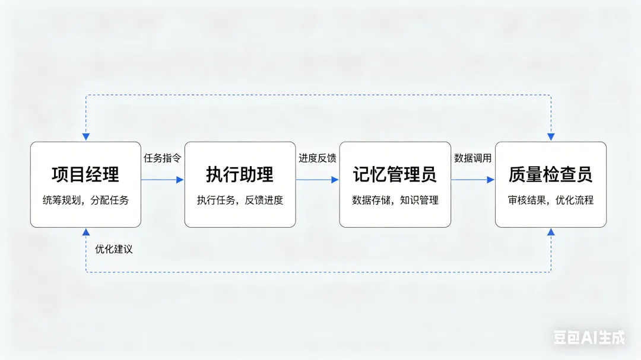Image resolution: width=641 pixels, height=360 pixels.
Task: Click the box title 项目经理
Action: click(85, 174)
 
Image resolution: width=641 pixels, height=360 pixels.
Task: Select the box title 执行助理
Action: click(240, 174)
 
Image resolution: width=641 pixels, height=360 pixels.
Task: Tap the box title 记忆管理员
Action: click(395, 174)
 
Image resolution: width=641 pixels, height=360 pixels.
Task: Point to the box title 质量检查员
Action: click(550, 174)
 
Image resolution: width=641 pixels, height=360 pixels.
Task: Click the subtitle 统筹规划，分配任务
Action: click(85, 200)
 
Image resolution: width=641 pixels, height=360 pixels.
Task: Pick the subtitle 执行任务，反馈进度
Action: click(240, 200)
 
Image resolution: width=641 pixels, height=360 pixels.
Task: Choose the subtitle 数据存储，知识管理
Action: click(395, 200)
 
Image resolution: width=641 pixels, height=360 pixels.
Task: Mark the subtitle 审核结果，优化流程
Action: click(550, 200)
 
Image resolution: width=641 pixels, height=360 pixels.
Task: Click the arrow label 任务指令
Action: click(162, 158)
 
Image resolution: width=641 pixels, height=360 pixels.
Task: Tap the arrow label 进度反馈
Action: click(317, 158)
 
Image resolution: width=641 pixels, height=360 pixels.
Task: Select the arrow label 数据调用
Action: click(472, 158)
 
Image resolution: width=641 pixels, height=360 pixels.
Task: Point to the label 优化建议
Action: click(114, 249)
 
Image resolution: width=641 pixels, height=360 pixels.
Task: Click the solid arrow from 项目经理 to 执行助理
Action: click(162, 180)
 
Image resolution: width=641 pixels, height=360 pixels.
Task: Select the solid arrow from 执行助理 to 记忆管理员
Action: click(317, 180)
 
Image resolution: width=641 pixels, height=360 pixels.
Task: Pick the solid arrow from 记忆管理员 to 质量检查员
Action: click(472, 180)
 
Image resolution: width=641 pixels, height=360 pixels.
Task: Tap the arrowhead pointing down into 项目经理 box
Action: click(86, 137)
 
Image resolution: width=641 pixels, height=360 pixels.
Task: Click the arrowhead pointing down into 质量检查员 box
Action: click(551, 137)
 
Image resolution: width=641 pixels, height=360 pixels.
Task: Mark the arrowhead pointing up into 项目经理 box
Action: click(86, 232)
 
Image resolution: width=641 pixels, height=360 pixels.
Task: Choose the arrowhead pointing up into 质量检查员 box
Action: click(551, 232)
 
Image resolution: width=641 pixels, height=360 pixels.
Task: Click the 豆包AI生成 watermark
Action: click(589, 337)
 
